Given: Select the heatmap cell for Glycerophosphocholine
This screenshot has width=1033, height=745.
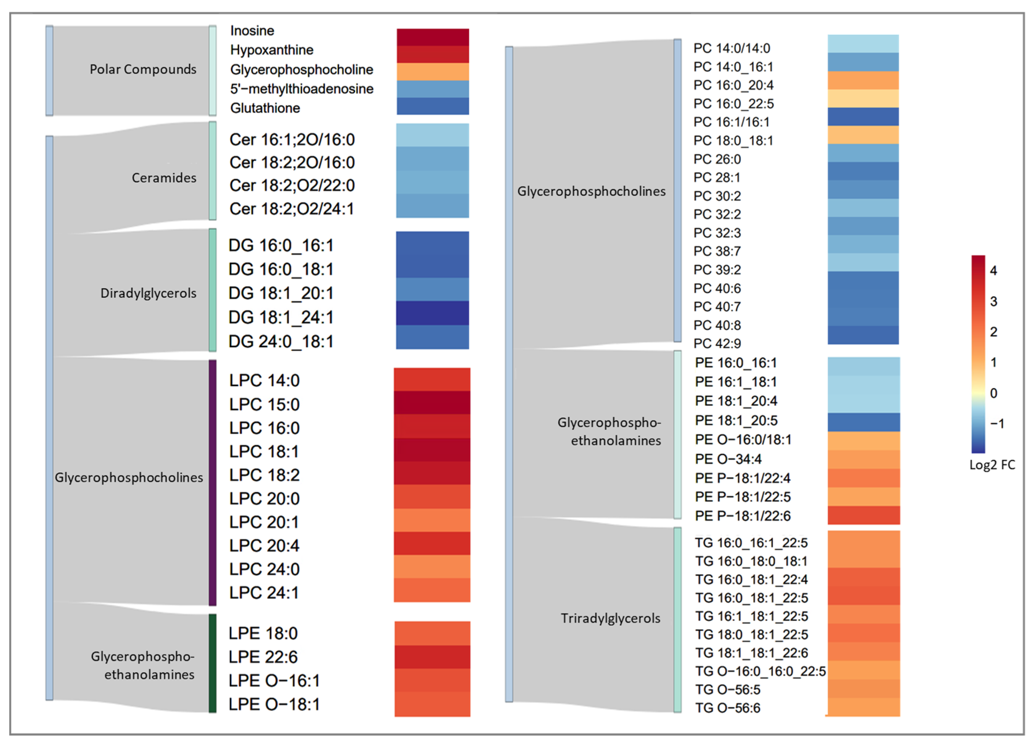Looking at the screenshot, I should tap(432, 71).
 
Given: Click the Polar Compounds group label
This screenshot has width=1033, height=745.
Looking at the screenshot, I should tap(143, 70).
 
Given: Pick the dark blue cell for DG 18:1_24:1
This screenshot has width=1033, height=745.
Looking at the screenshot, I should tap(432, 313).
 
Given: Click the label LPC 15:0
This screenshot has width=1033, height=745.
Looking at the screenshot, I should tap(264, 404).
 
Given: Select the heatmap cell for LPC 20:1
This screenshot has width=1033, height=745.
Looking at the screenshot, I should tap(432, 520).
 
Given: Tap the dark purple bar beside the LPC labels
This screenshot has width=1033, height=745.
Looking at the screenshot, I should tap(212, 483).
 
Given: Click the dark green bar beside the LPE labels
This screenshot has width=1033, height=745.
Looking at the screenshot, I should tap(212, 663).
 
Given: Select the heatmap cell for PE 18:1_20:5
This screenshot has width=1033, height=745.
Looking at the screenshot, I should tap(863, 422).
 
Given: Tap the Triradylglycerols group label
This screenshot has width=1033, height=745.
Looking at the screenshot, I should tap(610, 618).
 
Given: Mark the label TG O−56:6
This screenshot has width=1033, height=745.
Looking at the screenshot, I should tap(727, 708).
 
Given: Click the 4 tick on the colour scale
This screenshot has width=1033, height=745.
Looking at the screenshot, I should tap(993, 271).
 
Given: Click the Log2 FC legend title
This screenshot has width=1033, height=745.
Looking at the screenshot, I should tap(992, 465).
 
